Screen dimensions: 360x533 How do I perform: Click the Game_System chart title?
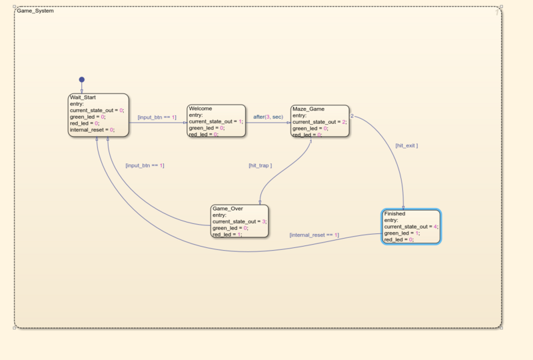click(x=36, y=11)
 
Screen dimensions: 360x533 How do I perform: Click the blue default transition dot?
click(x=82, y=79)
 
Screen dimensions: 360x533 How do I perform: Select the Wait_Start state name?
click(x=83, y=97)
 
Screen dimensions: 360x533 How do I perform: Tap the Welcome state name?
click(x=201, y=108)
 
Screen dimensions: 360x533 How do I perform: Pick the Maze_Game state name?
click(x=308, y=108)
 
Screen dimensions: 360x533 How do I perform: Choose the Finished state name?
click(x=394, y=213)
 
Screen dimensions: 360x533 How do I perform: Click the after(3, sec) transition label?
click(x=268, y=117)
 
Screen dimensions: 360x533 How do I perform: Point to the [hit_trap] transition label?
click(x=260, y=165)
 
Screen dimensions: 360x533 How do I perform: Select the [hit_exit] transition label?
click(x=406, y=145)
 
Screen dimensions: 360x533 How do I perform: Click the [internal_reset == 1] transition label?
click(x=314, y=235)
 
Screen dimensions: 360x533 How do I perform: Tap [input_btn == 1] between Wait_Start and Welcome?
click(x=157, y=117)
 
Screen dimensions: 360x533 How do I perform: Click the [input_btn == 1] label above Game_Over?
click(x=145, y=165)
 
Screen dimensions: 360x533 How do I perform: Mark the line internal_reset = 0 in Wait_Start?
click(x=93, y=130)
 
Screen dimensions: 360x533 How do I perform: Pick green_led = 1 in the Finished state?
click(x=399, y=233)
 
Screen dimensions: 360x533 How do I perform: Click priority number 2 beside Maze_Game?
click(x=352, y=117)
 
